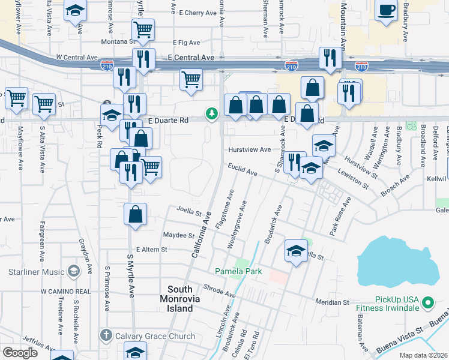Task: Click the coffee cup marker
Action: [386, 10]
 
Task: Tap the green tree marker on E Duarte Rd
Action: [211, 113]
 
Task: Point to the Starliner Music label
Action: [36, 272]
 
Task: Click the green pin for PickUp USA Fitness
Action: [428, 304]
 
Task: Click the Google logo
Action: [20, 353]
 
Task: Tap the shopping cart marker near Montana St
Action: [143, 29]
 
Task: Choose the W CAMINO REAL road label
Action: [65, 291]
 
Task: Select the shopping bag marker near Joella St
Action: [136, 215]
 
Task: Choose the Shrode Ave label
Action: [219, 290]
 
